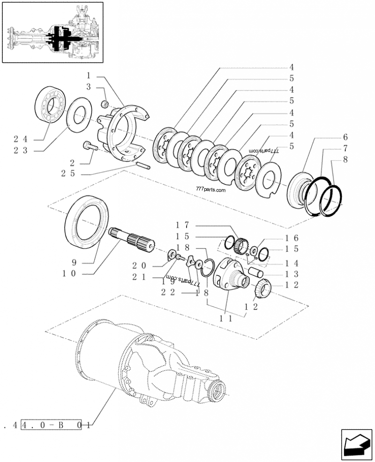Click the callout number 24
(x=21, y=139)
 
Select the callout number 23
(x=21, y=151)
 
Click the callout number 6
(x=345, y=137)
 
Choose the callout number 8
(x=345, y=159)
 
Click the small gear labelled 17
(x=241, y=245)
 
